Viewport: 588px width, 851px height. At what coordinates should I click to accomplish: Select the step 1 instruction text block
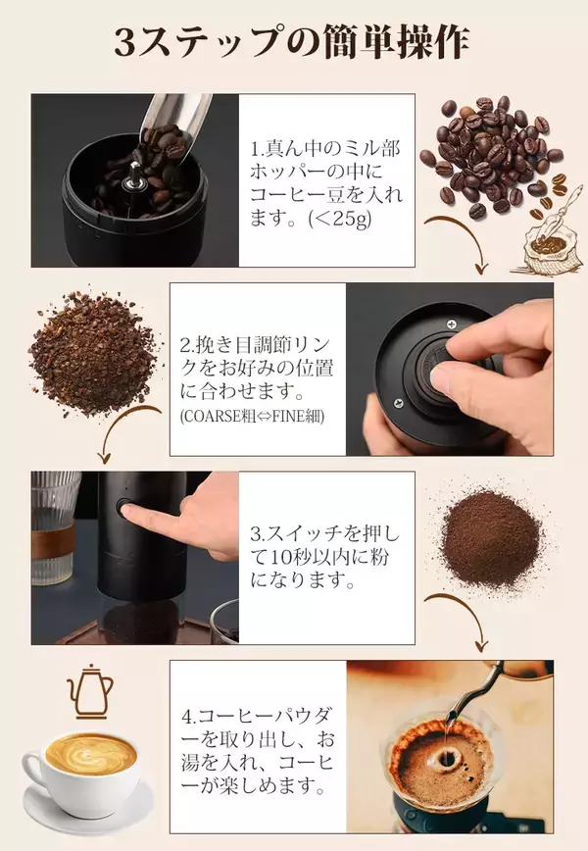click(322, 183)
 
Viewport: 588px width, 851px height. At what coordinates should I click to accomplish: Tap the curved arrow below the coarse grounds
click(123, 431)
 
